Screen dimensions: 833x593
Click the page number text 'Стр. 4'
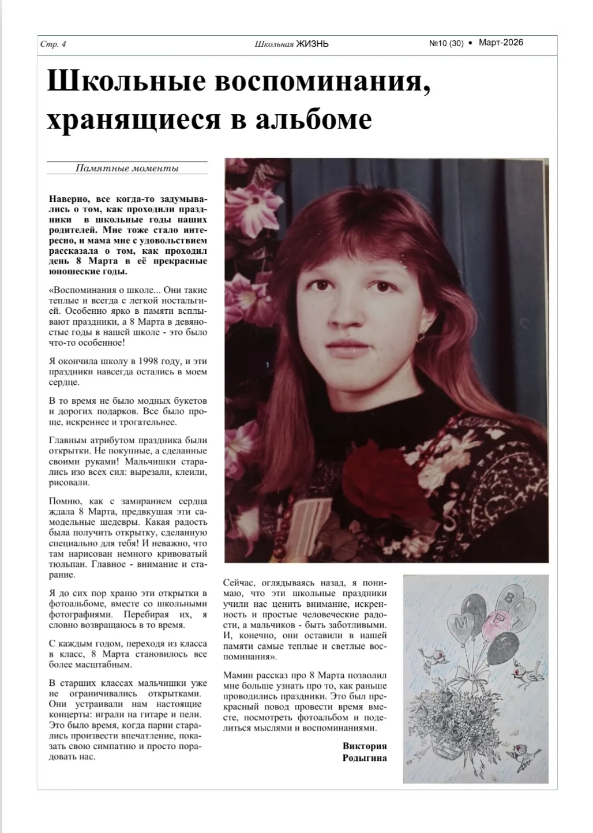coord(53,44)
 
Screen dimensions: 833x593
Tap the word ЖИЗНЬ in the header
coord(312,44)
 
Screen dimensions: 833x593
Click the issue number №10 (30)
coord(446,43)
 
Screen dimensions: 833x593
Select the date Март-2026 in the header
coord(501,43)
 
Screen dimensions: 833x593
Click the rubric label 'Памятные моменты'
coord(127,168)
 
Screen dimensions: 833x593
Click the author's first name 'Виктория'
coord(365,746)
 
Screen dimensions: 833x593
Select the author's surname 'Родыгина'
coord(365,757)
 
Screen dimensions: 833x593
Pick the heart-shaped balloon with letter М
coord(466,624)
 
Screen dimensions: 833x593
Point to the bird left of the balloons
coord(436,655)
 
